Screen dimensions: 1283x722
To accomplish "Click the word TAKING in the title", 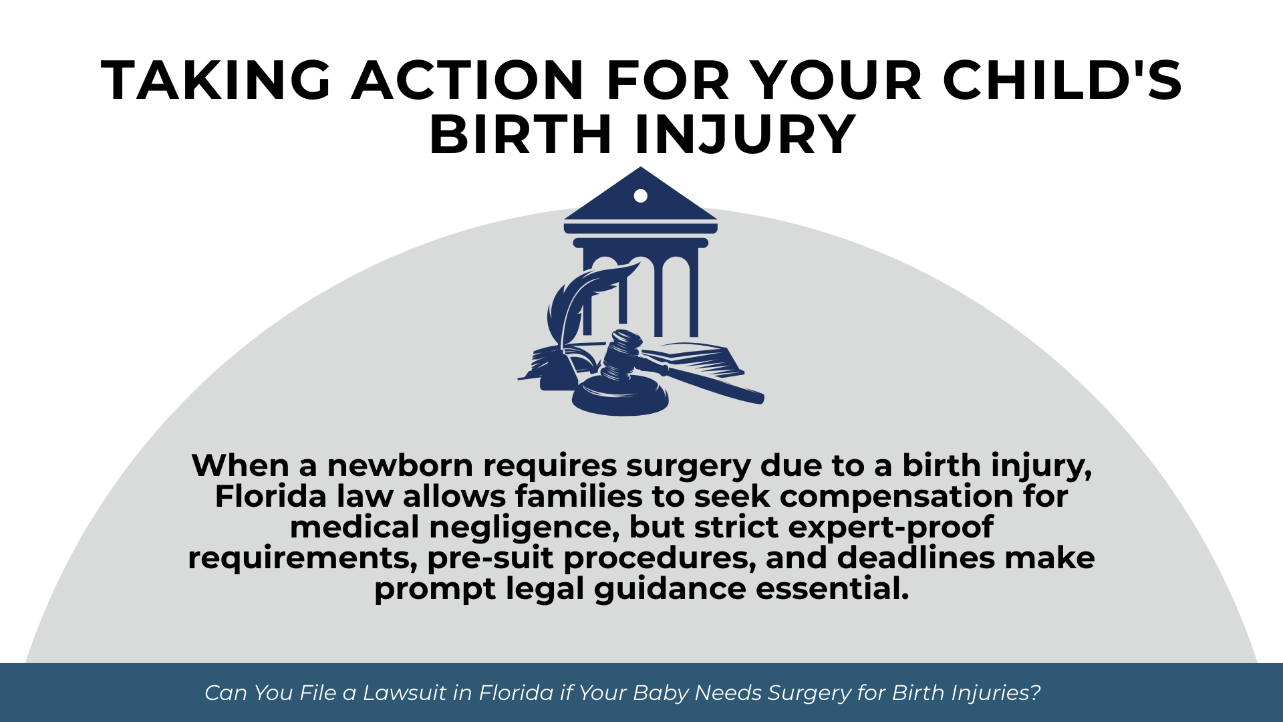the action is click(217, 81).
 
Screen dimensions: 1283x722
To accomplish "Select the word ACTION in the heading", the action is click(468, 81).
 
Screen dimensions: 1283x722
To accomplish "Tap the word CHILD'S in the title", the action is click(1062, 81).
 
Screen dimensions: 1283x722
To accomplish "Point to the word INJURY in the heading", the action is click(745, 135).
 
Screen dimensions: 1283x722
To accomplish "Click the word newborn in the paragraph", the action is click(400, 465).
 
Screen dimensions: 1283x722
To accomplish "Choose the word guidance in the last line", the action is click(670, 590).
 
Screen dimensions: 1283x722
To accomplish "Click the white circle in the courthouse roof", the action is click(641, 196).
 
